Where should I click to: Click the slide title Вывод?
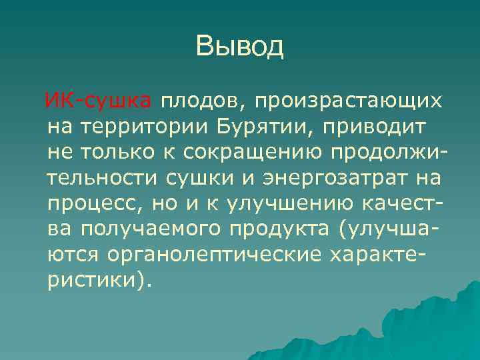[240, 47]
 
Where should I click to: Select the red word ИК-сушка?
[97, 102]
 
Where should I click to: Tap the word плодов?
[202, 102]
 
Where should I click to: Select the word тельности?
[103, 178]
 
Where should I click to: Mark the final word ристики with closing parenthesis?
[100, 279]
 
